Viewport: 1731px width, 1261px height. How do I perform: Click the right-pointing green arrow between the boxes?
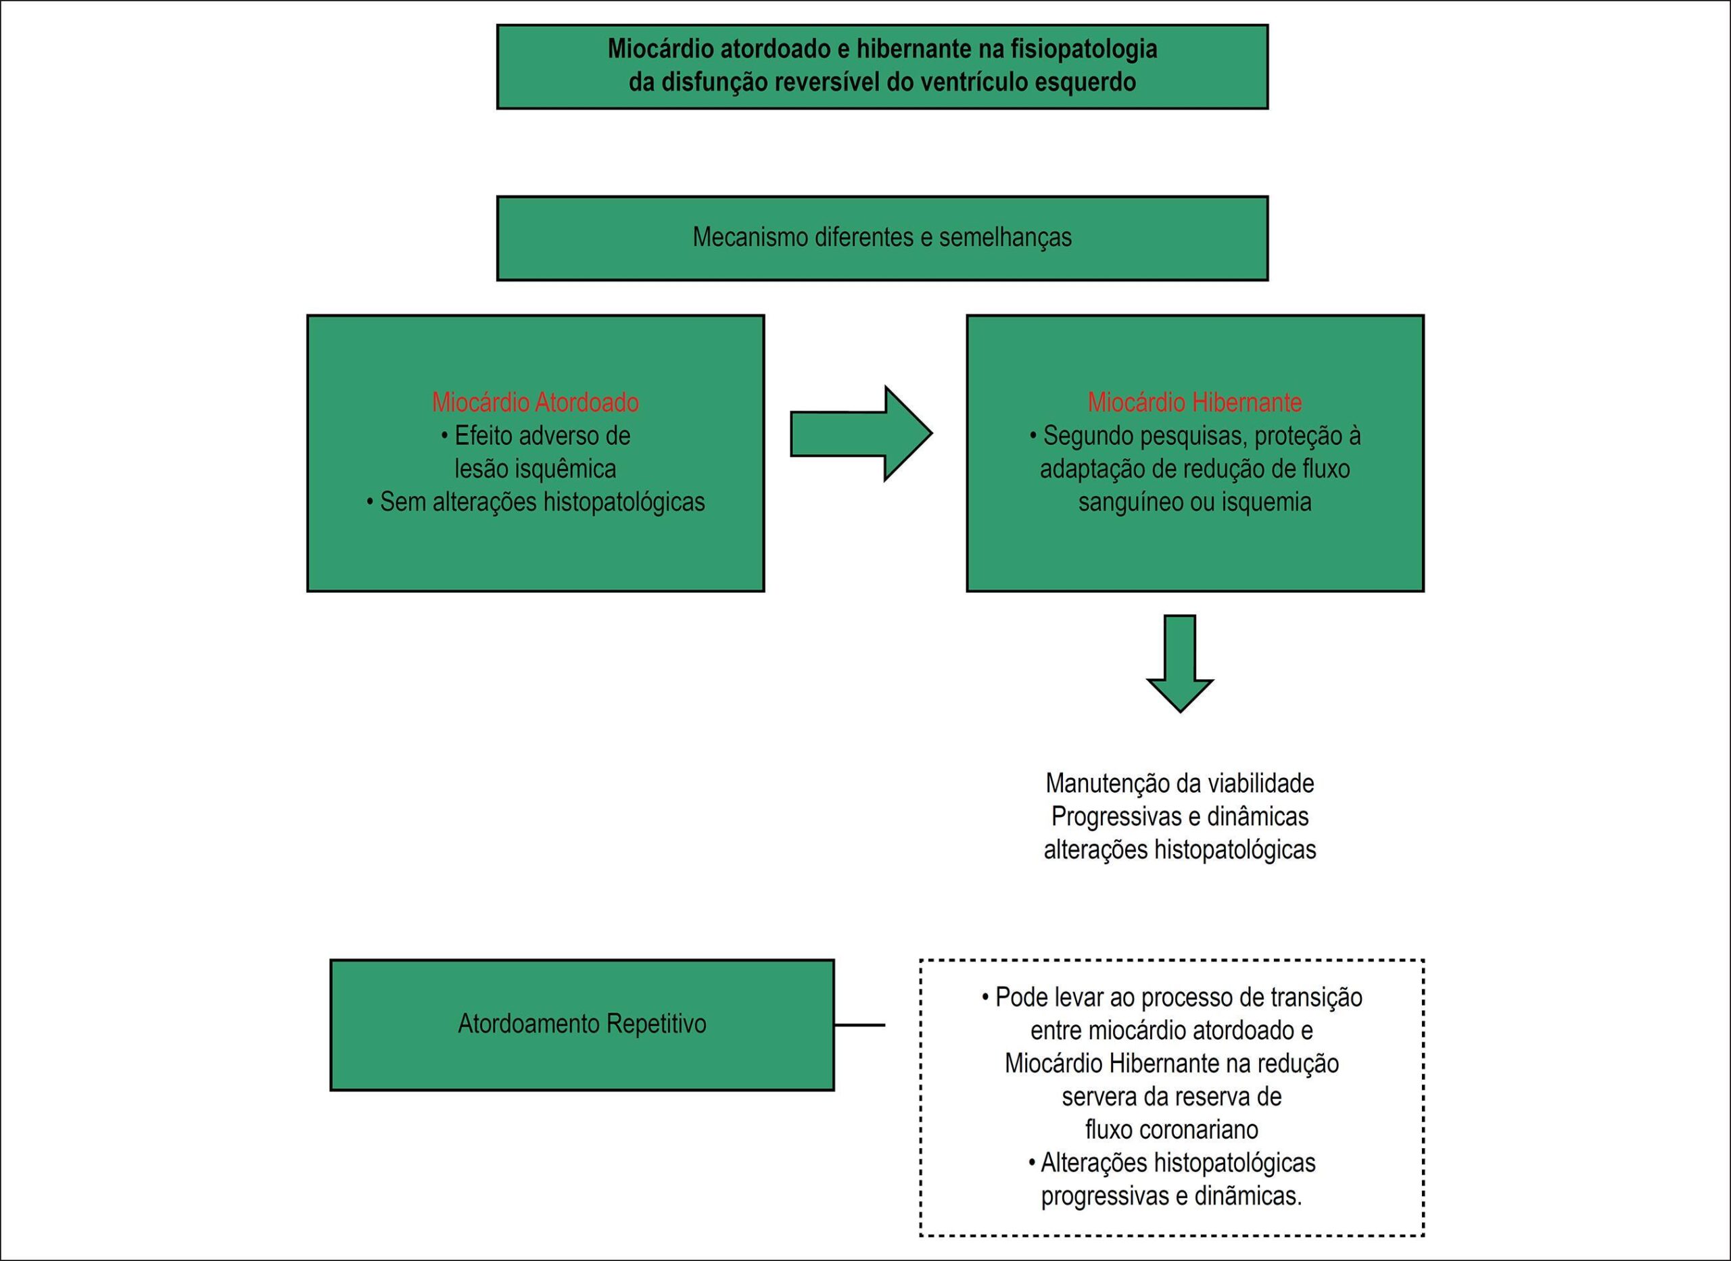click(x=861, y=434)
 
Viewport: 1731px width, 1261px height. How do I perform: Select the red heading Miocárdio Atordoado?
click(x=536, y=402)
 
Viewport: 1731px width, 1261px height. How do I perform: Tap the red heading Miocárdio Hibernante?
click(x=1195, y=402)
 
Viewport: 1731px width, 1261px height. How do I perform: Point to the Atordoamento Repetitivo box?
click(x=582, y=1024)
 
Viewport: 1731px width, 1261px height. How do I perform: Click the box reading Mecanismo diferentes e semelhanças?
click(x=882, y=238)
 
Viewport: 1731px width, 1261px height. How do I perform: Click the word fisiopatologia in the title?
click(x=1085, y=49)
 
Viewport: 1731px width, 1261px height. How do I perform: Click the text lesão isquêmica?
click(x=536, y=469)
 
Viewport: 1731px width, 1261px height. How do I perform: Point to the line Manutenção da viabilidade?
click(x=1180, y=783)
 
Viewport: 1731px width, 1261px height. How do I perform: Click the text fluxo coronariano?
click(x=1171, y=1130)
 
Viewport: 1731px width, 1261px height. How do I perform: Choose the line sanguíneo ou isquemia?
click(x=1195, y=502)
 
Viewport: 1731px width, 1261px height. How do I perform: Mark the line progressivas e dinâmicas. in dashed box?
click(x=1171, y=1196)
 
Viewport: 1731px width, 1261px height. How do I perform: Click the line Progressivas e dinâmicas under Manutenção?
click(x=1180, y=817)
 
